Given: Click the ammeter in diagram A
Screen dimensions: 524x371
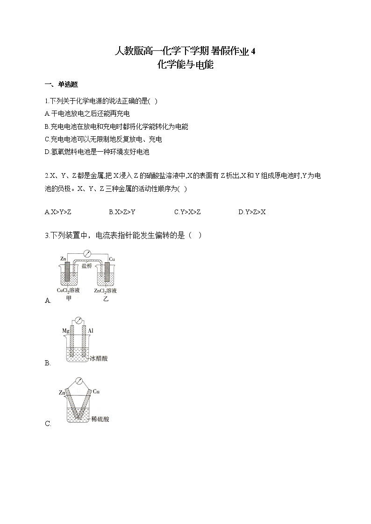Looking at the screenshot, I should [86, 254].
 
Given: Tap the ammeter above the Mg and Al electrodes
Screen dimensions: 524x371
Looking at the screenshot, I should [79, 321].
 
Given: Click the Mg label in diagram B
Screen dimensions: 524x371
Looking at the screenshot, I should [65, 331].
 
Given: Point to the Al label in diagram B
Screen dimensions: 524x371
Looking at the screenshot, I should [91, 331].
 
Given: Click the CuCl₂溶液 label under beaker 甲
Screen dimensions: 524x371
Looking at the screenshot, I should [69, 291].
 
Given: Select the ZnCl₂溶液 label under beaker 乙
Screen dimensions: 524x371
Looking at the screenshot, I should [105, 291].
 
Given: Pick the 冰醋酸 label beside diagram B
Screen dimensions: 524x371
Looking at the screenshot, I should [99, 359].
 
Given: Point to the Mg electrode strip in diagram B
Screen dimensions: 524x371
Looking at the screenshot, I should [72, 343].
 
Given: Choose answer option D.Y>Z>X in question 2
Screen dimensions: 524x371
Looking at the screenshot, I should [252, 212].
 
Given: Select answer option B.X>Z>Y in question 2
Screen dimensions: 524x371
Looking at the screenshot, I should [122, 212].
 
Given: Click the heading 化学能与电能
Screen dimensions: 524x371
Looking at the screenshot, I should [185, 65].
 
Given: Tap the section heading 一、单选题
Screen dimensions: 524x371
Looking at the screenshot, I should [61, 84].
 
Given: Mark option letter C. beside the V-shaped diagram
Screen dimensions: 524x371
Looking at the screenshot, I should [48, 424].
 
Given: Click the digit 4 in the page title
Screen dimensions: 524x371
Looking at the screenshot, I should [253, 51].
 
